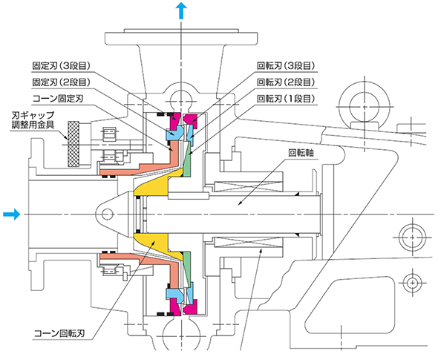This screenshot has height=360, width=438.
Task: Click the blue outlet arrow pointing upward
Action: click(x=181, y=10)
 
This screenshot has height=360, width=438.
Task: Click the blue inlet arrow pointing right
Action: click(x=12, y=215)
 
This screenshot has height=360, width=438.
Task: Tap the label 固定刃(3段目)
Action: click(x=62, y=66)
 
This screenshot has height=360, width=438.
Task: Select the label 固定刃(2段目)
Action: click(x=62, y=82)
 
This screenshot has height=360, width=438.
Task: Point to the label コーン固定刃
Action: click(x=58, y=99)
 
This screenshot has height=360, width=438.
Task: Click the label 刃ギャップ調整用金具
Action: click(x=33, y=120)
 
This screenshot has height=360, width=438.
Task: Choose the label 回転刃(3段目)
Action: click(x=286, y=66)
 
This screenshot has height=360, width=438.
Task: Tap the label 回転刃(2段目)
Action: click(x=286, y=82)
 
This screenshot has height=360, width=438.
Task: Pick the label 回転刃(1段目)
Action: click(x=286, y=99)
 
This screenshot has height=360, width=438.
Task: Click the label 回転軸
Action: click(x=301, y=153)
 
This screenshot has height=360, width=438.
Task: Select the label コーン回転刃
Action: click(x=59, y=333)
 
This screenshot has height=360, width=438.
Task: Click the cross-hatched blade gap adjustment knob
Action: click(x=73, y=144)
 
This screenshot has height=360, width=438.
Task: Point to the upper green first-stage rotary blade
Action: click(x=187, y=160)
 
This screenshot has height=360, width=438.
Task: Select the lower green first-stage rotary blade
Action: click(x=187, y=269)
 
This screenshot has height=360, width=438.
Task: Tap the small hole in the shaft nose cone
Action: click(x=107, y=215)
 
